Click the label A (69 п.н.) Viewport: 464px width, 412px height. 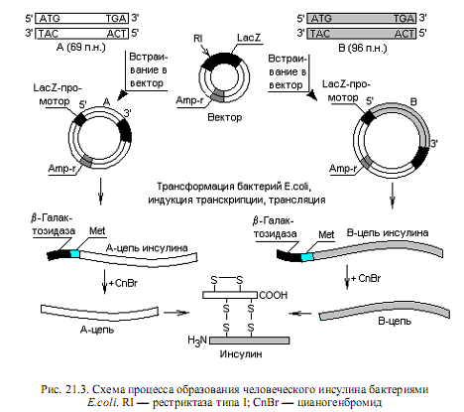pos(81,48)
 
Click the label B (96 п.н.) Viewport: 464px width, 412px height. pos(363,49)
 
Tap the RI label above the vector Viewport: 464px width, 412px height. pos(197,39)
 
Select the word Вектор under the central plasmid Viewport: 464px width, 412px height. pos(225,117)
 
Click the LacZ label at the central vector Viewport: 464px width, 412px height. pos(249,38)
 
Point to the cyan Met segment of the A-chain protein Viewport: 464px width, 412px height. pos(75,254)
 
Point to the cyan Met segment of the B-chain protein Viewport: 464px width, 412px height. pos(307,257)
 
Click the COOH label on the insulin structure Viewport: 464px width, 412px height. pos(274,295)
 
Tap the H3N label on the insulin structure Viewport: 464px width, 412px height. pos(197,341)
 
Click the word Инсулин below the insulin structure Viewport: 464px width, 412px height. pos(241,354)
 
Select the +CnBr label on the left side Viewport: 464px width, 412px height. pos(123,283)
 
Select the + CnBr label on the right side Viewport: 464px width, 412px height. pos(366,278)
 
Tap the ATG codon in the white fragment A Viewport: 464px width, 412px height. pos(50,19)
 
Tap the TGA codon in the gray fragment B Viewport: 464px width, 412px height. pos(404,19)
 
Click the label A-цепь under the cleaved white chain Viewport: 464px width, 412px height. pos(97,330)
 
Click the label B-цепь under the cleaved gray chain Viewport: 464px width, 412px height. pos(395,321)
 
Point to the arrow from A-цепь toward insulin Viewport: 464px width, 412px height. pos(175,313)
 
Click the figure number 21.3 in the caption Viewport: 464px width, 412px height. pos(77,389)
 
